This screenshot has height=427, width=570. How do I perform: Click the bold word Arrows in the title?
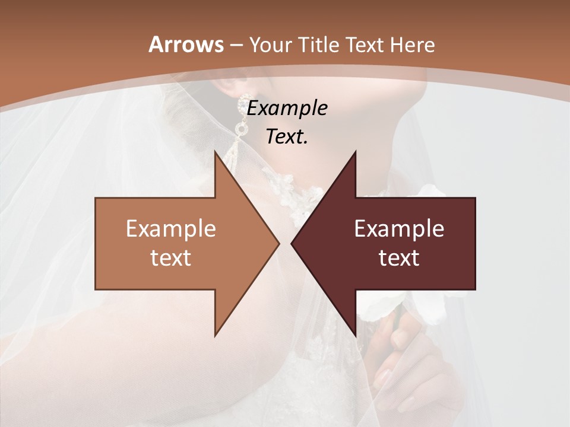186,44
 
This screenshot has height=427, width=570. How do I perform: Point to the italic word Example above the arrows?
287,109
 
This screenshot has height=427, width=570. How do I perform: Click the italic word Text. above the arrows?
287,137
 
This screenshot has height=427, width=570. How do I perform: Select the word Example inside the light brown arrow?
171,229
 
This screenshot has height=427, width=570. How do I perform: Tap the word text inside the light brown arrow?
171,257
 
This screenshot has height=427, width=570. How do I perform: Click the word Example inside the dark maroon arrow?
399,229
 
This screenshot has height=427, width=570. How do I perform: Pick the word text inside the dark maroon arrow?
399,257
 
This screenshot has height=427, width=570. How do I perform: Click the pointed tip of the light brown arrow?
280,243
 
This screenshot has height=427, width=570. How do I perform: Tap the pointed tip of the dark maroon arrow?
291,243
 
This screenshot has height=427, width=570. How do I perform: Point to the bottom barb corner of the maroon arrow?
355,336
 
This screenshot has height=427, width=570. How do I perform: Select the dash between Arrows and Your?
236,46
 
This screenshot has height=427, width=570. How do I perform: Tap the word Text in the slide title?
365,45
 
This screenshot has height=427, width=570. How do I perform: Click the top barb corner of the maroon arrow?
355,151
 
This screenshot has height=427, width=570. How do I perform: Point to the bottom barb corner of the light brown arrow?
216,336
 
